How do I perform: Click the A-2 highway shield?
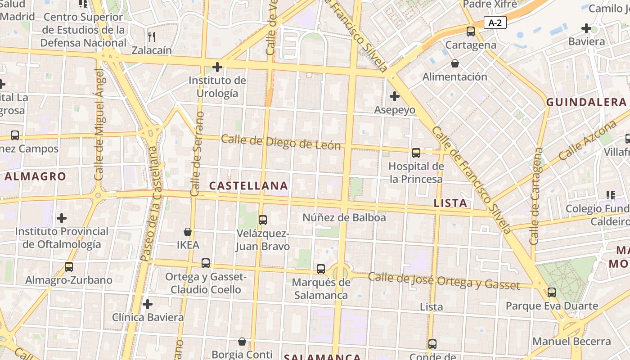tap(495, 22)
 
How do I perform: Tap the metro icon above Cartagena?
tap(471, 31)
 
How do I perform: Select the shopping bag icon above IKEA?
tap(188, 232)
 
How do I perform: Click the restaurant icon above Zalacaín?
tap(152, 36)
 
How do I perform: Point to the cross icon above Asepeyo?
tap(395, 96)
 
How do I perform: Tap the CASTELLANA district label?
tap(248, 185)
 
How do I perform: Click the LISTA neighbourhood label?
tap(450, 203)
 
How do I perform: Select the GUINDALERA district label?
tap(586, 102)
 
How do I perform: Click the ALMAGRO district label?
tap(35, 176)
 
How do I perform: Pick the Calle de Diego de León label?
tap(281, 142)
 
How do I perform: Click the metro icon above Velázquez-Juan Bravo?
tap(263, 220)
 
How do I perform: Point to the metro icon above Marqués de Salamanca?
tap(321, 269)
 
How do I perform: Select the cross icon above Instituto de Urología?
tap(217, 67)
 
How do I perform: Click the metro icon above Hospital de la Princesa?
tap(416, 153)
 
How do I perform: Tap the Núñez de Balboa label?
tap(344, 218)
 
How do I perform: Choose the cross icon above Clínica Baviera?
tap(148, 304)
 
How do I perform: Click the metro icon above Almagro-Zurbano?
tap(69, 267)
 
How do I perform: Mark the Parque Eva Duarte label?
tap(552, 306)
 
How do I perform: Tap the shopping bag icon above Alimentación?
tap(455, 63)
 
